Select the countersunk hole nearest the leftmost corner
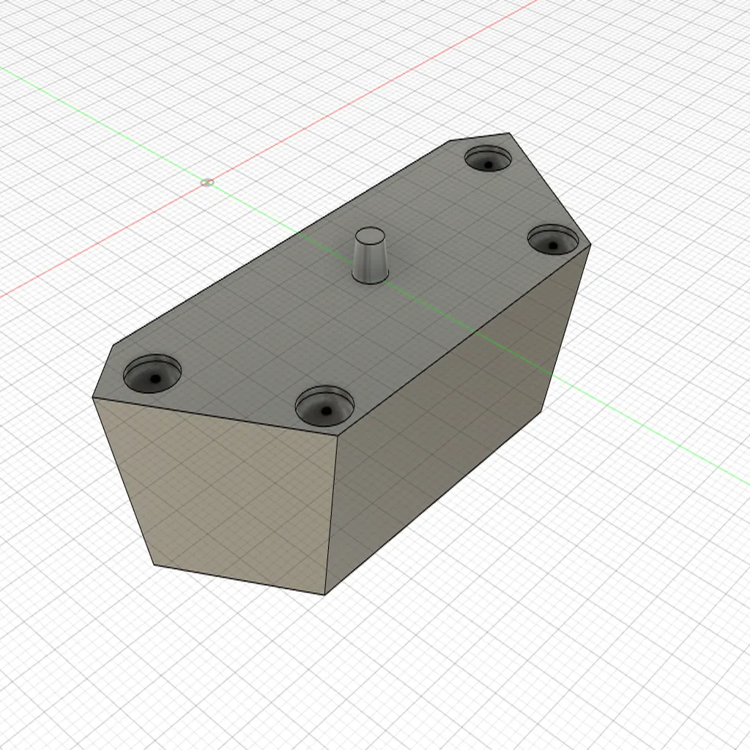coord(152,375)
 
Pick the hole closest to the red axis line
coord(489,159)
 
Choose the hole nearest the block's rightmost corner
coord(553,240)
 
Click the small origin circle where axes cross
coord(207,182)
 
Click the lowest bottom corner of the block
coord(324,594)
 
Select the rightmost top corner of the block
coord(590,245)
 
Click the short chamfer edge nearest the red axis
coord(479,137)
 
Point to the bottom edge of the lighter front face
coord(239,579)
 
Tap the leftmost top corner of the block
coord(93,398)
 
